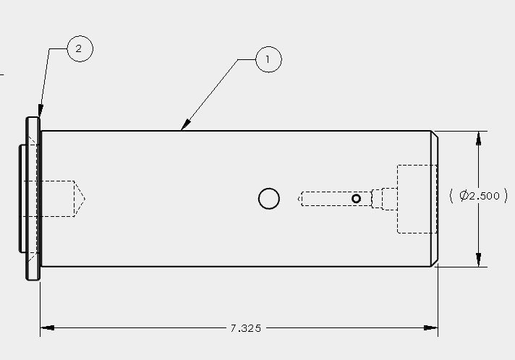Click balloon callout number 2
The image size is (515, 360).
click(x=80, y=48)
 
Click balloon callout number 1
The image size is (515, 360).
click(x=268, y=59)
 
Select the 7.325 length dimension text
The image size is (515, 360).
click(x=246, y=328)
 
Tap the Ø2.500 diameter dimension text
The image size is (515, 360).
click(x=480, y=196)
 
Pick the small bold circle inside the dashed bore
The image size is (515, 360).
click(x=356, y=199)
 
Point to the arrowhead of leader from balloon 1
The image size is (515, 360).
click(x=185, y=125)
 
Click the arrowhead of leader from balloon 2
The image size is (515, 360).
click(x=40, y=111)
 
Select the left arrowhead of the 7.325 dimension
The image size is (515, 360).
click(x=47, y=327)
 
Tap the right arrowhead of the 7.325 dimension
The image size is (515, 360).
click(x=430, y=327)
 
